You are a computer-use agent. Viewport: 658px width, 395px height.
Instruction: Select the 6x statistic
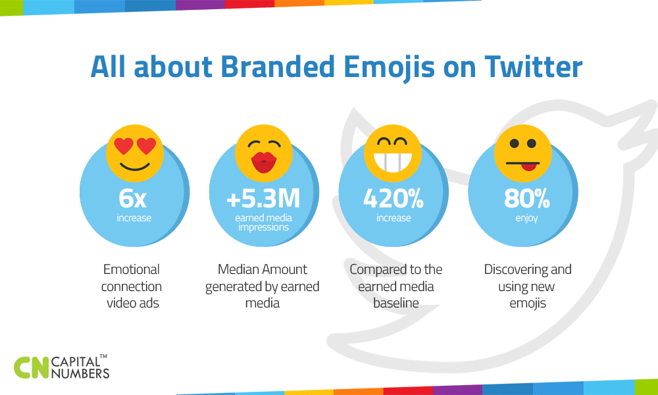(134, 198)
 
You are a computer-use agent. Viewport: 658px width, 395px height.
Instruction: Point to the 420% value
(393, 198)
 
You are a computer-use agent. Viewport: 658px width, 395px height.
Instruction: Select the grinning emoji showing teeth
(392, 151)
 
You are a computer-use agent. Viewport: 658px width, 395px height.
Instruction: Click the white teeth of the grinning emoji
(392, 160)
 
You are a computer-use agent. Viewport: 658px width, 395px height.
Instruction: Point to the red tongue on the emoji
(526, 168)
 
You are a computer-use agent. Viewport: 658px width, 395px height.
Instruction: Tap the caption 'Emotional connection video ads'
(132, 286)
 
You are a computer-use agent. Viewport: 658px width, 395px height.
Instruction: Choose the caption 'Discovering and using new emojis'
(528, 286)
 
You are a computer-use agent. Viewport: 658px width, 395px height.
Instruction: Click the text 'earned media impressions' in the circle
(264, 223)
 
